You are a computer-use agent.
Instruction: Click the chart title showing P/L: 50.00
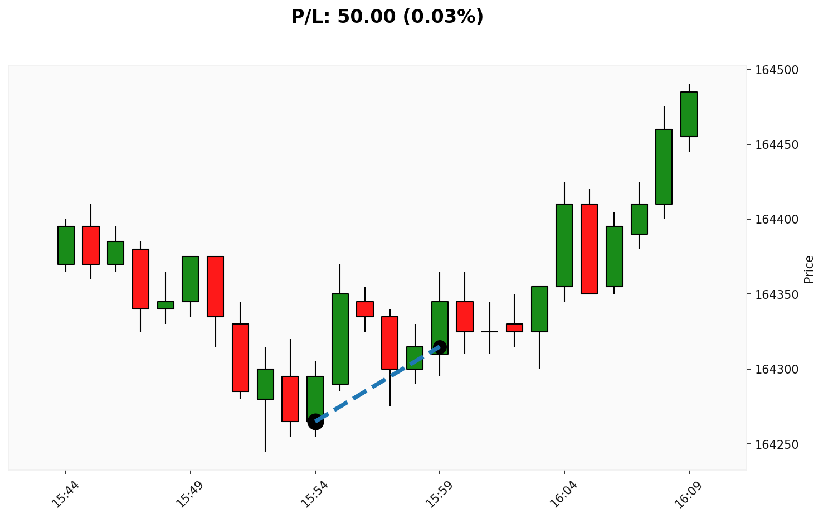pos(387,17)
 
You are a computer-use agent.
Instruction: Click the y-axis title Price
pos(809,269)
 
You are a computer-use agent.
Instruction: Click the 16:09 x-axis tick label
pos(689,493)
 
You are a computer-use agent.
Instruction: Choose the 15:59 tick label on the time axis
pos(440,493)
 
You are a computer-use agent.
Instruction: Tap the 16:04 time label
pos(564,493)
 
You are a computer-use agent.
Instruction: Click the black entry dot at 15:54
pos(315,422)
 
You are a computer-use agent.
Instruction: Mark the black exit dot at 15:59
pos(440,347)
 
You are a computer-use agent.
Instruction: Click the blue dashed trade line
pos(378,384)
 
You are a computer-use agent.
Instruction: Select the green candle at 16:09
pos(689,114)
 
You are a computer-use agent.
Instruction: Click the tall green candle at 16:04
pos(564,245)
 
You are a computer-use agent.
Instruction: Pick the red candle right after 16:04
pos(589,249)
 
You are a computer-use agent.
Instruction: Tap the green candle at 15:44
pos(66,245)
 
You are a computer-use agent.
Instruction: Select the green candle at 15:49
pos(191,279)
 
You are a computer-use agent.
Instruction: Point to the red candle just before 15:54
pos(290,399)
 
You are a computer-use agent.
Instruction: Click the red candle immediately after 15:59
pos(465,317)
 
